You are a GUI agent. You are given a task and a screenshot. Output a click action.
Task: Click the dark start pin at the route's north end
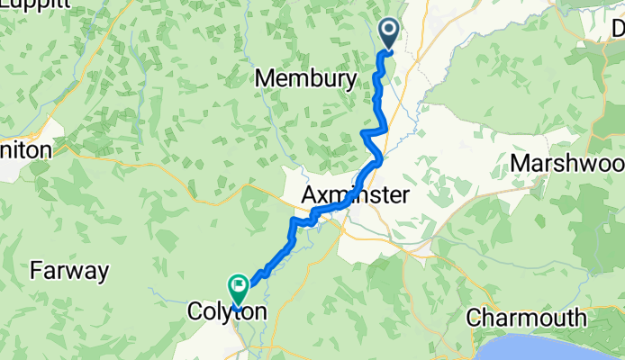(x=389, y=34)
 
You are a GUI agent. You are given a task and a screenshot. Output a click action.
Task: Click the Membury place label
(x=305, y=79)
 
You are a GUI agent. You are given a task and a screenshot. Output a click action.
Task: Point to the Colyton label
(x=226, y=311)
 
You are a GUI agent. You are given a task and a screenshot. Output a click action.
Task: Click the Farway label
(x=70, y=269)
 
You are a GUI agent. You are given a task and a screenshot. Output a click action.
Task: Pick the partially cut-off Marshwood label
(x=567, y=164)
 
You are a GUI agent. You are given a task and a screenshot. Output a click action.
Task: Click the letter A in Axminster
(x=309, y=195)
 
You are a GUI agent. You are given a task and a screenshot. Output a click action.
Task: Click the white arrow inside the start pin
(x=389, y=31)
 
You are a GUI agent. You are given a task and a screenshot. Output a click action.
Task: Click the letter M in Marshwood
(x=520, y=164)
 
